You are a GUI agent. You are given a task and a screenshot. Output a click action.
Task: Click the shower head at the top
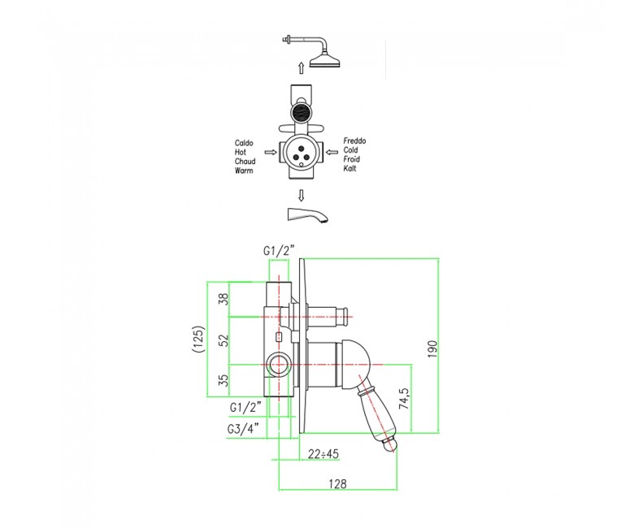326,62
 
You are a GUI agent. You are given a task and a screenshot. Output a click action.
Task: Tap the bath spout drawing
307,214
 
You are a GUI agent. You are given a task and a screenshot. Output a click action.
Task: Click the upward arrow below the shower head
301,67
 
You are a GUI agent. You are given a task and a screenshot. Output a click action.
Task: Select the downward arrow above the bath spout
301,196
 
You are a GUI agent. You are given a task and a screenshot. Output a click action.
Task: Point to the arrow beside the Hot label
271,152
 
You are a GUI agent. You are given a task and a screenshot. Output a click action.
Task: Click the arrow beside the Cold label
332,152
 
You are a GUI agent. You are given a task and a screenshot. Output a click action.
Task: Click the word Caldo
244,143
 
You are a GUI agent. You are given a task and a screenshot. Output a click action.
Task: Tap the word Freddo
354,141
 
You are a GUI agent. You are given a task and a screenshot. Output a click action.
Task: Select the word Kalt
350,168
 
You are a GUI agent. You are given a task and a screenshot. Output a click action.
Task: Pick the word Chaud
245,162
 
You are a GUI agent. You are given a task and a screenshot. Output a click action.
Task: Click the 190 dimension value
432,349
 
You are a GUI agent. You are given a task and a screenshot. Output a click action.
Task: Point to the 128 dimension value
337,483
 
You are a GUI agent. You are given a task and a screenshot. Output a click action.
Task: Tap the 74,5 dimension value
404,399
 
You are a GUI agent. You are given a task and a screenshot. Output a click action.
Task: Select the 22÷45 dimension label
323,454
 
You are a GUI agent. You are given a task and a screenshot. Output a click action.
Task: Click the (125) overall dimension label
198,340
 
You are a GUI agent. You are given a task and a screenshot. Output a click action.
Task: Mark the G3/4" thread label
243,429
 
